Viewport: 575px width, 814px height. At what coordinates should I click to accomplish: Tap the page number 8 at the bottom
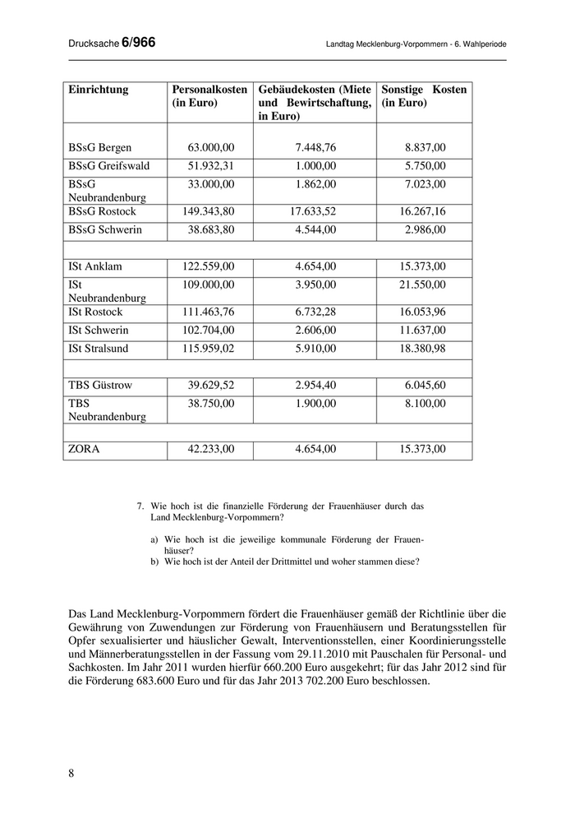click(x=71, y=772)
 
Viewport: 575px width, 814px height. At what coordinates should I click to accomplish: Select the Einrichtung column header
click(x=99, y=90)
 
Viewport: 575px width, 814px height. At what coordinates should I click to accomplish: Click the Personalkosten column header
click(x=209, y=90)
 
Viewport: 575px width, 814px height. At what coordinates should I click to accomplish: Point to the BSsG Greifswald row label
click(x=109, y=166)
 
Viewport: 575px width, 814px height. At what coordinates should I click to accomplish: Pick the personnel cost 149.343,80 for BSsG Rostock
click(x=208, y=211)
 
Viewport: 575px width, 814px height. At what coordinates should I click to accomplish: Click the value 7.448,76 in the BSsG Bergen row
click(x=315, y=148)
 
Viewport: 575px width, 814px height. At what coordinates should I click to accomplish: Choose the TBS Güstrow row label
click(x=100, y=386)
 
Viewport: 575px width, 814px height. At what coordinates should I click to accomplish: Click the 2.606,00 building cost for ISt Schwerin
click(x=315, y=331)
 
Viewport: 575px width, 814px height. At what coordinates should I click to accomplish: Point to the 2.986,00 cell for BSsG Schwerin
click(x=425, y=229)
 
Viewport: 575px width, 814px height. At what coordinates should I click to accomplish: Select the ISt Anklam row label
click(x=96, y=266)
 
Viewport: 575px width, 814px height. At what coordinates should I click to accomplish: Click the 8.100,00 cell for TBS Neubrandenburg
click(x=425, y=404)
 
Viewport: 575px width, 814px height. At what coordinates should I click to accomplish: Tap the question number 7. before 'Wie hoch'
click(x=141, y=506)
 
